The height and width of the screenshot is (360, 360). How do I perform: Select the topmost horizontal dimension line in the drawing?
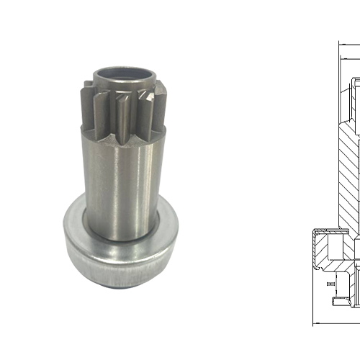(348, 46)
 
